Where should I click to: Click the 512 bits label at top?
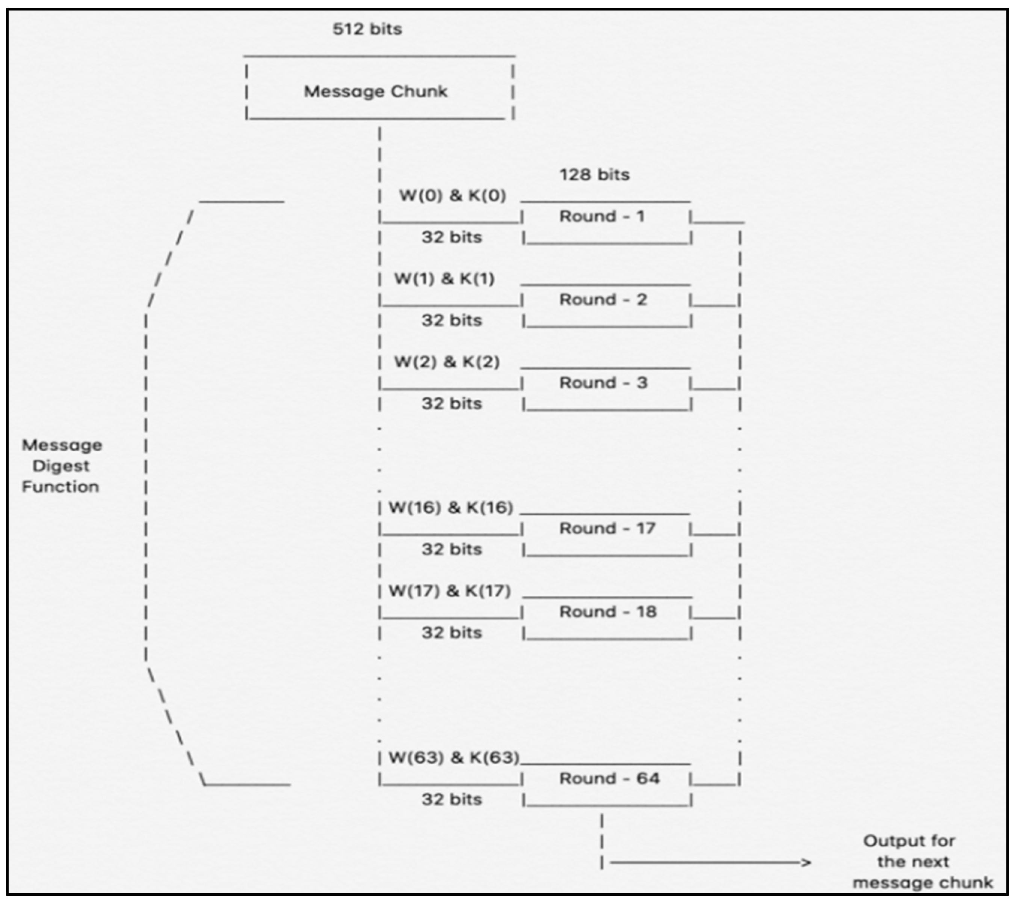367,29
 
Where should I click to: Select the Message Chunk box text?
376,92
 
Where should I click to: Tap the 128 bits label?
594,175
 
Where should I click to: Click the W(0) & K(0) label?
452,196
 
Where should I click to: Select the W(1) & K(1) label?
444,279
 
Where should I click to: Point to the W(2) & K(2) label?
447,362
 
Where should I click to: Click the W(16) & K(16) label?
450,508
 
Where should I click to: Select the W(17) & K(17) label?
449,591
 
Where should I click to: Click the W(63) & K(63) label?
453,758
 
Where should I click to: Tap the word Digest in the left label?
61,466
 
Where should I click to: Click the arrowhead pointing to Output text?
805,863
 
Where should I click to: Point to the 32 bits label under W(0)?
452,237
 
